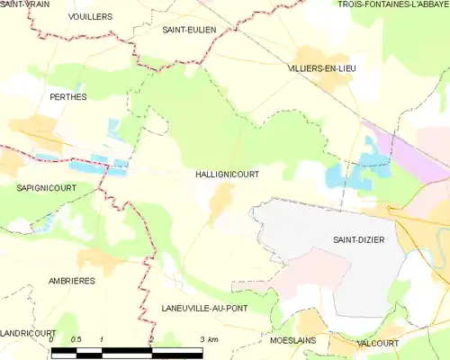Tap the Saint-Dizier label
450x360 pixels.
point(359,239)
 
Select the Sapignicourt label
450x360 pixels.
point(45,187)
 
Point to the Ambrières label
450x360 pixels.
point(73,281)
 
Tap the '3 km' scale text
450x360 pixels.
point(209,339)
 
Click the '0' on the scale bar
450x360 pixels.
point(51,339)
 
